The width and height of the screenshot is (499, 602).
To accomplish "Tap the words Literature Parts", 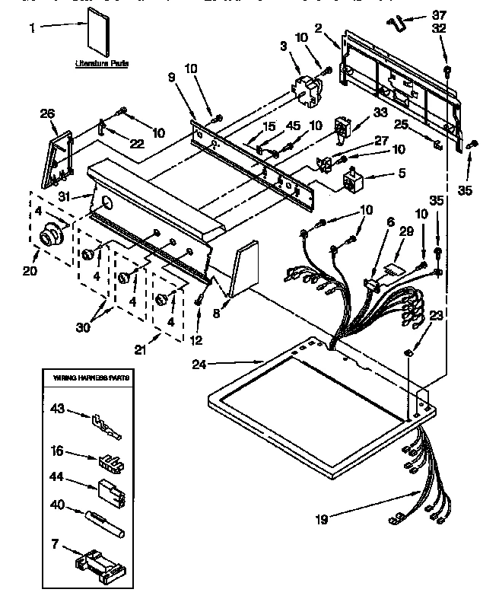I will [101, 64].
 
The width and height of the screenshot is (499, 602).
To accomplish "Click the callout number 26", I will [47, 114].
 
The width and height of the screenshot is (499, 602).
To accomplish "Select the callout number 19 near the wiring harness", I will [323, 521].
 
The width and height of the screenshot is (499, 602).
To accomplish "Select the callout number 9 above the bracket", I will [171, 77].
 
